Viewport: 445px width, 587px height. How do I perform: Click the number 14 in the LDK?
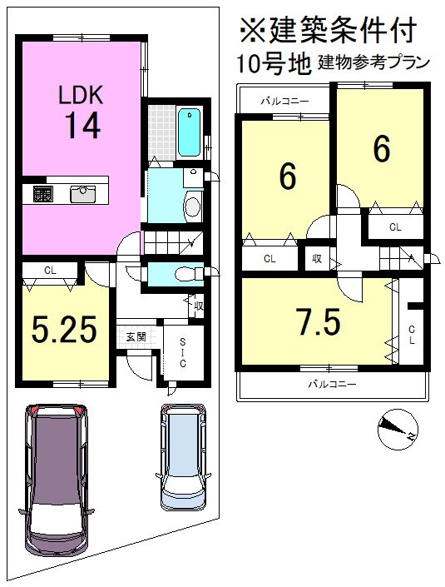(83, 126)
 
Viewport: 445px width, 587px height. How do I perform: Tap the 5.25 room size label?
(64, 330)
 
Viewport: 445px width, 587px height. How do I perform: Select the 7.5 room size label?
(319, 322)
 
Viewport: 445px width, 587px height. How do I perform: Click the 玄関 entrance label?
(136, 337)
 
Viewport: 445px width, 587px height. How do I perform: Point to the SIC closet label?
(182, 352)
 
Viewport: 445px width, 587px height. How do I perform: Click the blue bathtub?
(190, 132)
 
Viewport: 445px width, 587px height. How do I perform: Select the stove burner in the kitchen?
(42, 194)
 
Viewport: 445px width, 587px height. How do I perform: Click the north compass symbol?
(398, 430)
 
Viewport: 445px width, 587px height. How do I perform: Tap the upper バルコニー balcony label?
(285, 101)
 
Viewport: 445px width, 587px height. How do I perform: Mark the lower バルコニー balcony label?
(332, 384)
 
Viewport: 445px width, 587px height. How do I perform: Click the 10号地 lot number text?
(274, 62)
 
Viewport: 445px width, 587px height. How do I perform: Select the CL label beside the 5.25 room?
(50, 271)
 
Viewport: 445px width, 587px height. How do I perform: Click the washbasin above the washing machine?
(193, 177)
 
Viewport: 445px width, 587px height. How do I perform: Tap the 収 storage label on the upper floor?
(317, 258)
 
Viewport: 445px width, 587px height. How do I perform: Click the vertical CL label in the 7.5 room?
(412, 335)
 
